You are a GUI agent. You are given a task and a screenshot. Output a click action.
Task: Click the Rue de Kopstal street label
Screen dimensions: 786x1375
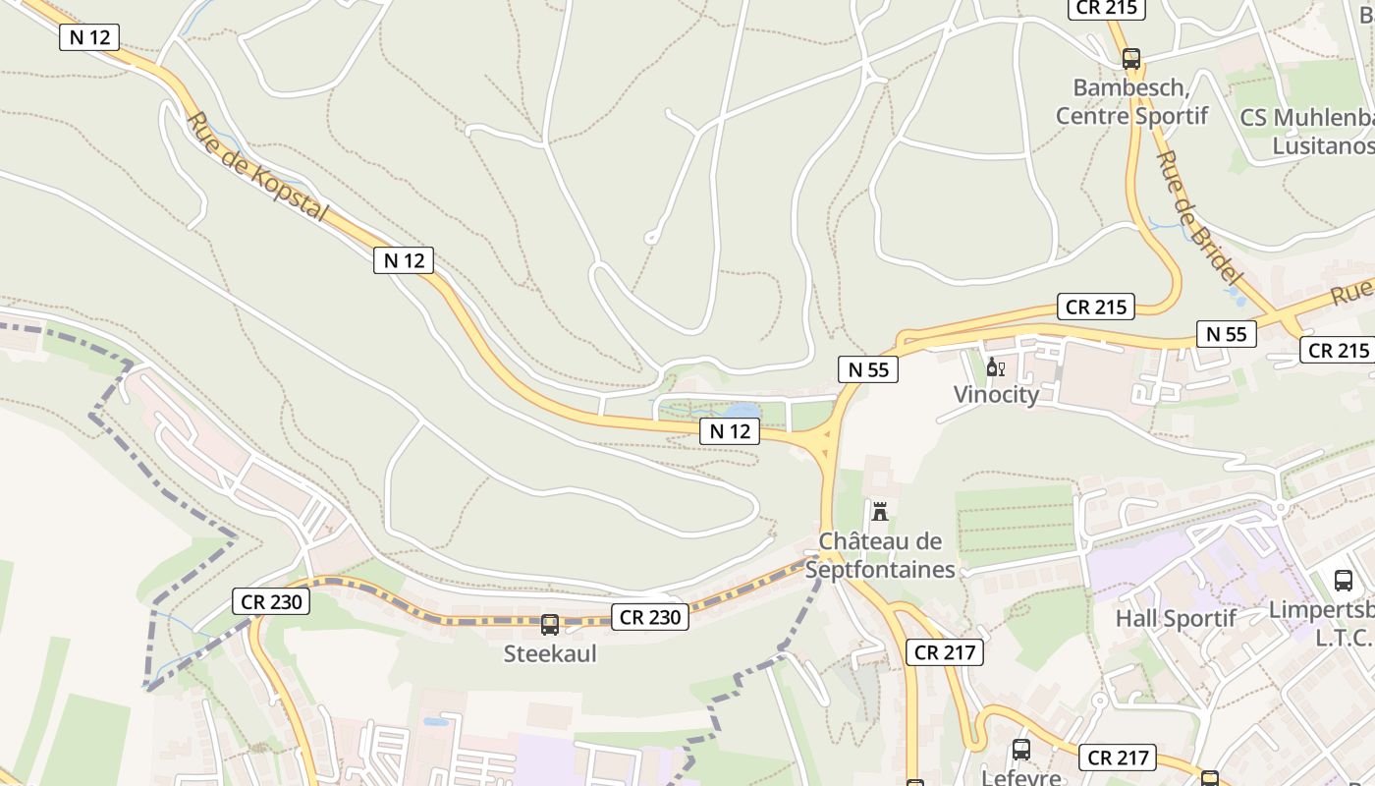click(256, 167)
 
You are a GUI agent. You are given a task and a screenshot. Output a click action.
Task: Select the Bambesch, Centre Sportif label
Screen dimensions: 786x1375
click(1131, 101)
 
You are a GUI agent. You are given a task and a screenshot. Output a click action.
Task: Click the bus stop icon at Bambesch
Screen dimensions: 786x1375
click(1131, 59)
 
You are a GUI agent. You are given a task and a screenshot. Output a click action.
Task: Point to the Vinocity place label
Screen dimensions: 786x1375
click(996, 394)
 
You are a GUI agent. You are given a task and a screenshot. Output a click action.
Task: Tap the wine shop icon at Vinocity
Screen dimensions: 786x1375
click(995, 367)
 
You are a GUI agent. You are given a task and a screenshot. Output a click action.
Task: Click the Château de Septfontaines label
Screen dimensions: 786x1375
click(880, 555)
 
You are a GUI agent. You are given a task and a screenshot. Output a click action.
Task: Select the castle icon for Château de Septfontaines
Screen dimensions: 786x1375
click(880, 512)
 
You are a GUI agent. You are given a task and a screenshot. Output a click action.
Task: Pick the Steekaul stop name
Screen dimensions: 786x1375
click(550, 653)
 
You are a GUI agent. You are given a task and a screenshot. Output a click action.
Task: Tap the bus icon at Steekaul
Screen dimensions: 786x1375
click(550, 625)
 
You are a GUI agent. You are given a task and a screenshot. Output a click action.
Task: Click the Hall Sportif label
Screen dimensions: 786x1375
click(1176, 619)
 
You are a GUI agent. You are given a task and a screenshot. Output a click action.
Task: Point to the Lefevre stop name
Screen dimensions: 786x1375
click(1021, 777)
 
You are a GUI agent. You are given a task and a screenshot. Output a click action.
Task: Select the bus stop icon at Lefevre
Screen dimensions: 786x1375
click(1021, 750)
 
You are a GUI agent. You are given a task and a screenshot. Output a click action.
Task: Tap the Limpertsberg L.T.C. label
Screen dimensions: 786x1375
click(1322, 623)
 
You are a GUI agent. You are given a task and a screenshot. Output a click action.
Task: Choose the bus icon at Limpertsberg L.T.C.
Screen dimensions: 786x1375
click(1344, 580)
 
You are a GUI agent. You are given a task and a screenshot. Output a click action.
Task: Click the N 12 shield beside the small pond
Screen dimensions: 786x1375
click(730, 430)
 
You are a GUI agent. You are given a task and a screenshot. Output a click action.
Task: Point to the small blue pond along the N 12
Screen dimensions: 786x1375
click(742, 411)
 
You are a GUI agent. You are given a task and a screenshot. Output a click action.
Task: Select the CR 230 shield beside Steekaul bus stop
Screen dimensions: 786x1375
click(650, 617)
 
